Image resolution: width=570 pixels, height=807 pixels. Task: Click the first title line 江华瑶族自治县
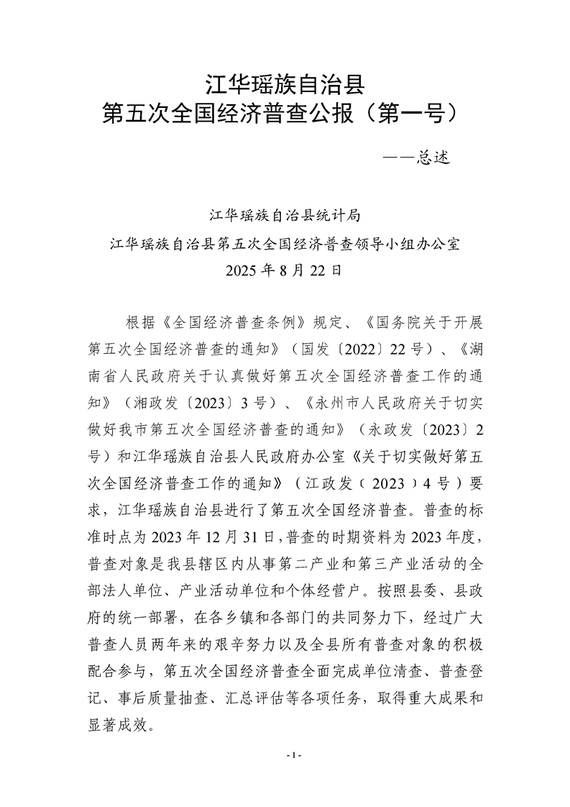[285, 85]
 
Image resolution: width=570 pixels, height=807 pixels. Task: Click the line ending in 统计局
[285, 214]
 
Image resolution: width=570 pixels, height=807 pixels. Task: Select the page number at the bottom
[293, 755]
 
